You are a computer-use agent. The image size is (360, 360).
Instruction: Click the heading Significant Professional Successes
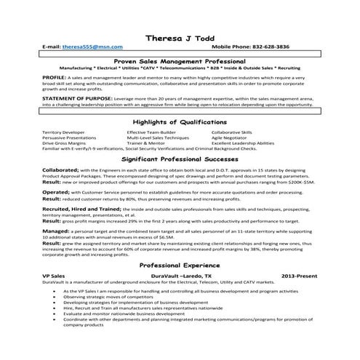(180, 158)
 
